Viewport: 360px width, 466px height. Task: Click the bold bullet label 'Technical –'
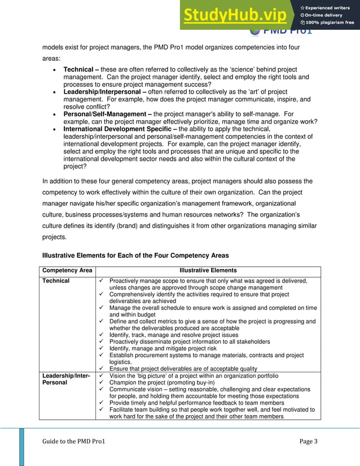coord(81,69)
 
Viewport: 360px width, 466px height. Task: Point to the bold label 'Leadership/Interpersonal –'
coord(105,92)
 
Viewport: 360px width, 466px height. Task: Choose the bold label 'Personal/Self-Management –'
coord(107,114)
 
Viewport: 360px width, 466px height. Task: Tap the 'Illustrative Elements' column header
coord(208,271)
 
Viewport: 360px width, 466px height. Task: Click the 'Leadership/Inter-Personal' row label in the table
coord(67,379)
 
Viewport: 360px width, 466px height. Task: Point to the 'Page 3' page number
coord(308,441)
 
